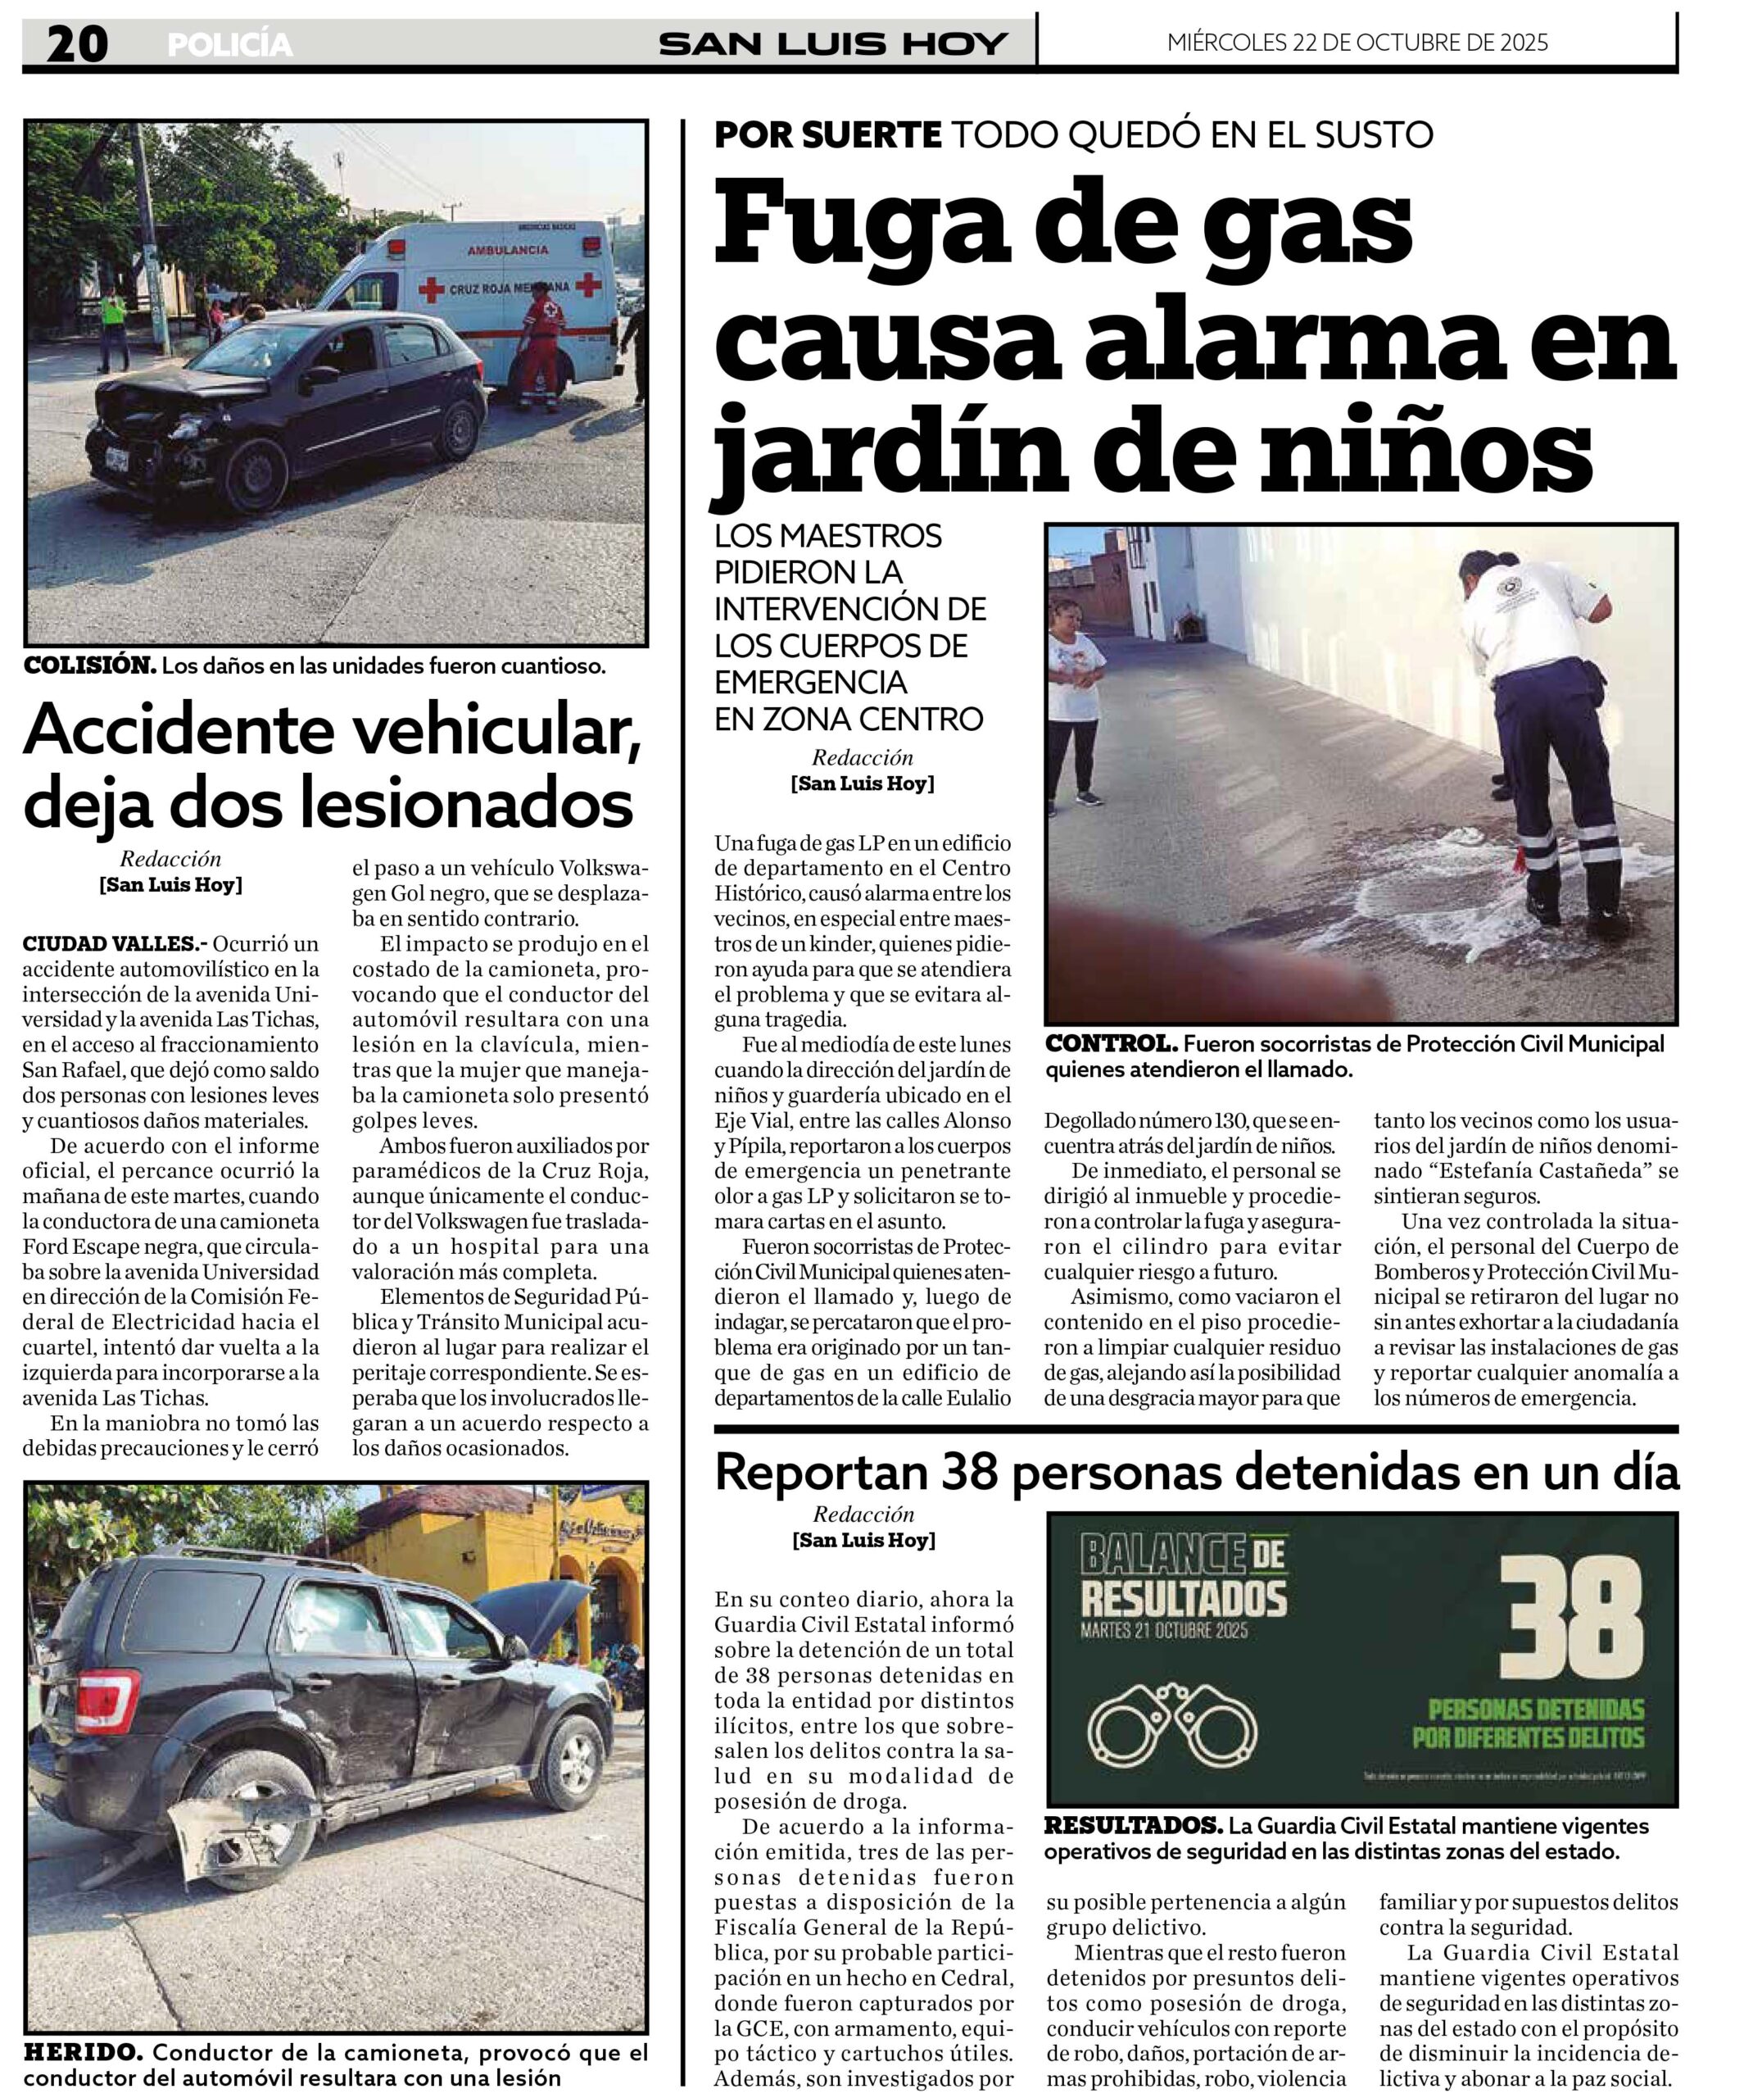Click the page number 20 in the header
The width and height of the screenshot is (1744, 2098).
[x=77, y=44]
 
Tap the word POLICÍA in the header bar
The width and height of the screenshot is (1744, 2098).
[x=229, y=45]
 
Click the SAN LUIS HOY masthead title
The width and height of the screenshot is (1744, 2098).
[x=833, y=44]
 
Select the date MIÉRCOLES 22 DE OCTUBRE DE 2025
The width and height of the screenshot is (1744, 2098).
[x=1357, y=42]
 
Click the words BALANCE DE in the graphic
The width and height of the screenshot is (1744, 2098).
[x=1183, y=1555]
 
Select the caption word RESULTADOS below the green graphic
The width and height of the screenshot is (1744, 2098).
[x=1133, y=1825]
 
